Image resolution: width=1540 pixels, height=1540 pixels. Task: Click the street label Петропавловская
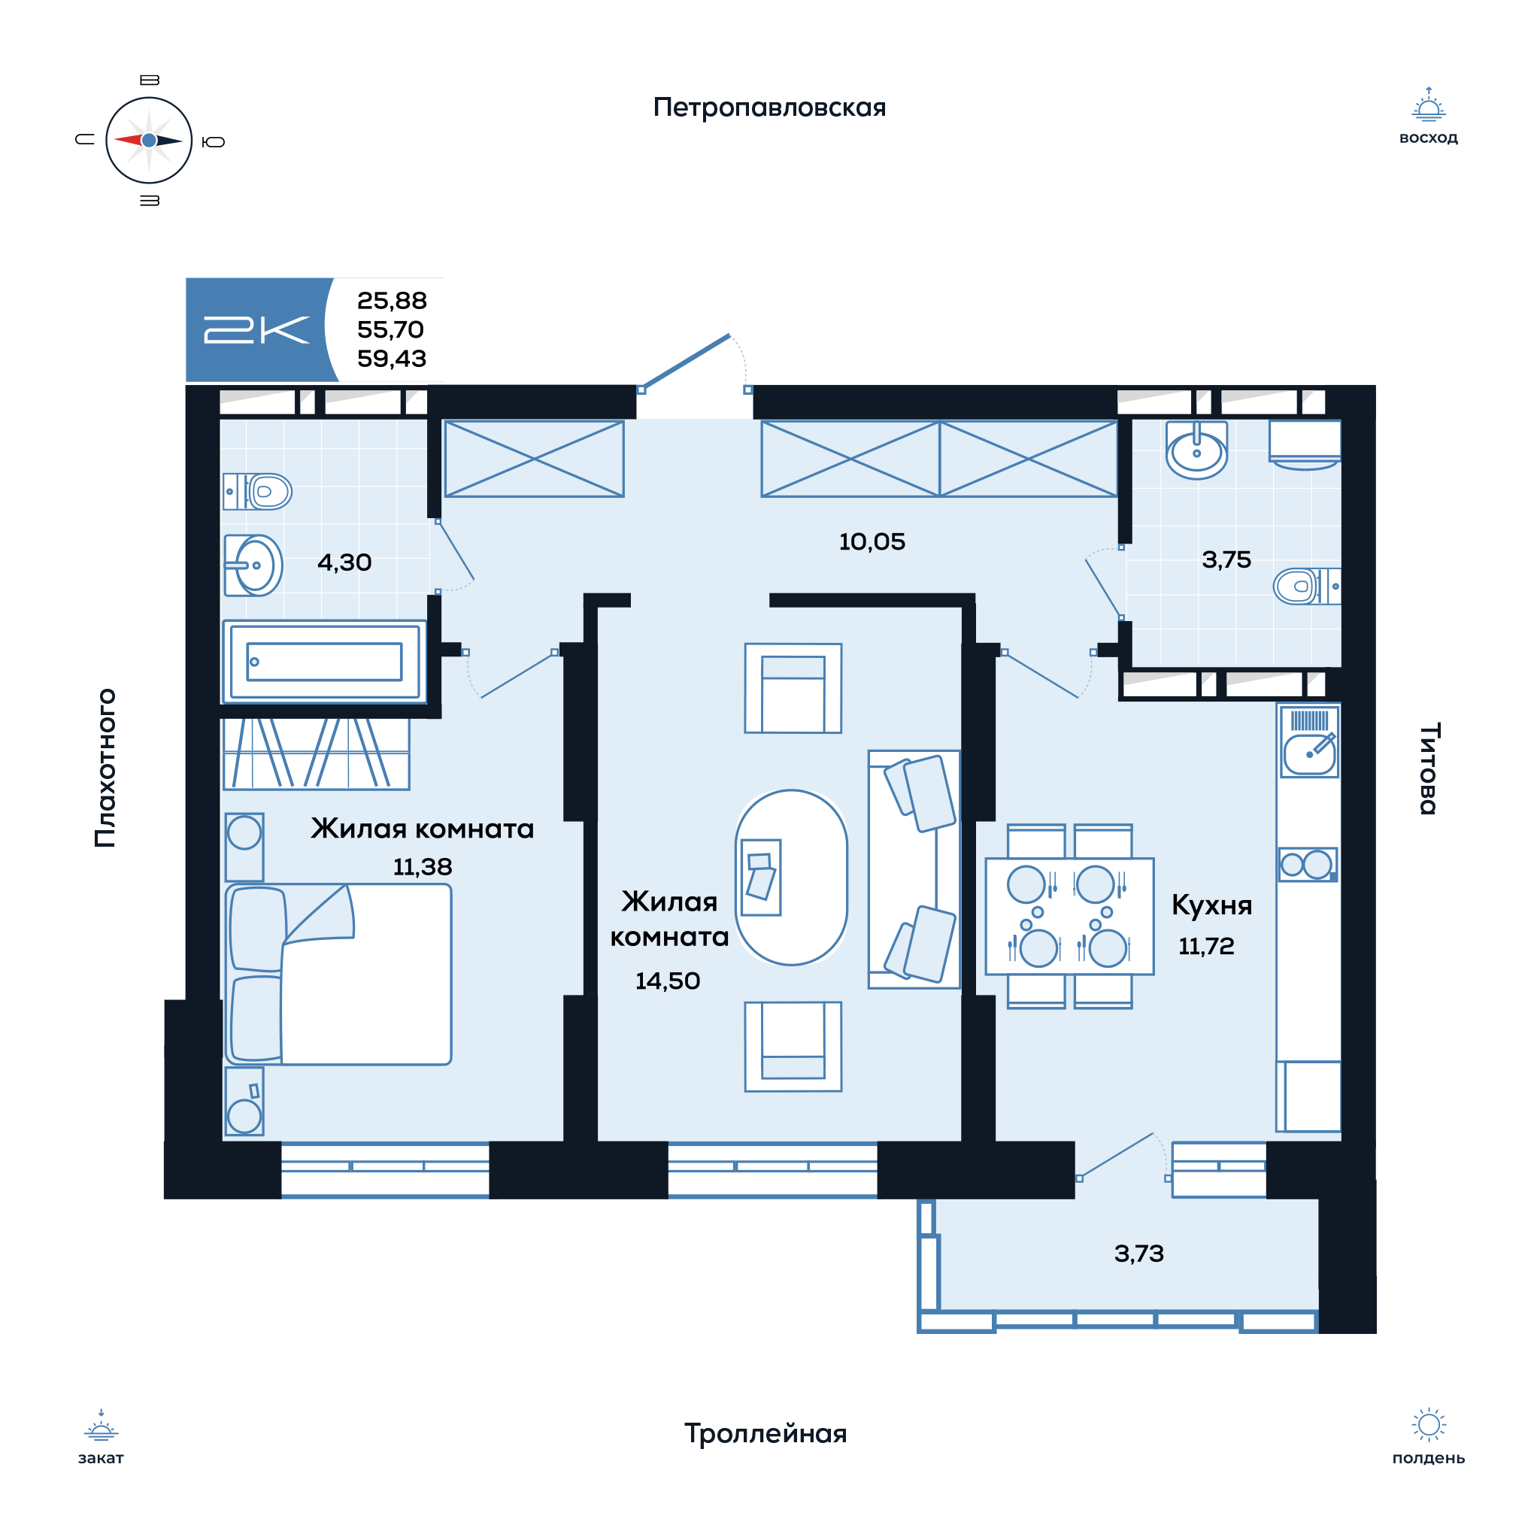pos(769,108)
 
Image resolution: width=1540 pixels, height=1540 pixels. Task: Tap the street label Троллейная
pos(765,1434)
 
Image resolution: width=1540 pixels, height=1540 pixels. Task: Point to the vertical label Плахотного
pos(106,768)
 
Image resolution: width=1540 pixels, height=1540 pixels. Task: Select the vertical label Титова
pos(1429,768)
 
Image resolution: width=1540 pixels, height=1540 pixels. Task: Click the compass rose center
pos(149,141)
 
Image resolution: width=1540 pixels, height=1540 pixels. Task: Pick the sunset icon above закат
pos(102,1426)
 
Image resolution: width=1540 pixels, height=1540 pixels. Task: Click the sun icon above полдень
pos(1429,1425)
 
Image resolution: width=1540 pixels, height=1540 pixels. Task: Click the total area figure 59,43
pos(391,359)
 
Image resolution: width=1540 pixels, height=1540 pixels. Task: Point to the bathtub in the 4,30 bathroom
pos(324,662)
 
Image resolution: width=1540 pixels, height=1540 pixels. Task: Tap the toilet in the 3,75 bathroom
pos(1306,587)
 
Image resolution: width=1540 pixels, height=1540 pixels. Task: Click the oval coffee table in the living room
pos(791,878)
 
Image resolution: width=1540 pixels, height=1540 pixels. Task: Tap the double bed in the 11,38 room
pos(338,974)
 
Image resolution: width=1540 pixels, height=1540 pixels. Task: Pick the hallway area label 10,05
pos(872,542)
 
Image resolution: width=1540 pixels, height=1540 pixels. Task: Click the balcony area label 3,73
pos(1139,1254)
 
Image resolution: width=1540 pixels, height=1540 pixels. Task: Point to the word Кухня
pos(1211,905)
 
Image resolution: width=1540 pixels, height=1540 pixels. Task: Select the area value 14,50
pos(667,981)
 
